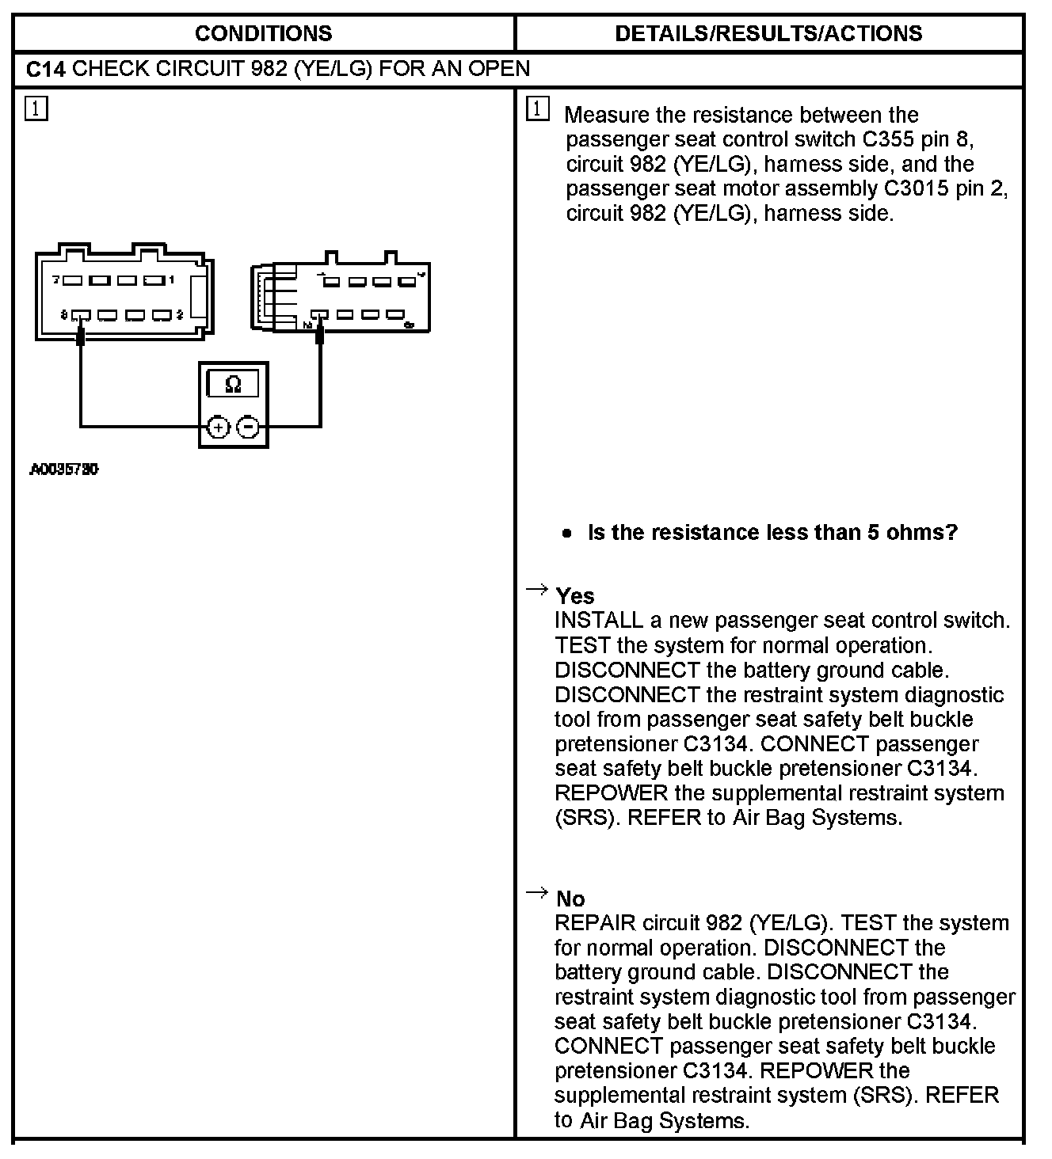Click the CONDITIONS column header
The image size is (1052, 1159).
[263, 33]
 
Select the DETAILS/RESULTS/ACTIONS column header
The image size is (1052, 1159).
[768, 33]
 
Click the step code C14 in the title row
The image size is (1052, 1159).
[45, 69]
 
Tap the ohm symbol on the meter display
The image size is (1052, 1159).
[233, 385]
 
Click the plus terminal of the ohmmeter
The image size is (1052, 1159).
[218, 427]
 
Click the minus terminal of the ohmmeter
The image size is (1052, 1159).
[248, 427]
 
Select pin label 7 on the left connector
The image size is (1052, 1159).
[56, 280]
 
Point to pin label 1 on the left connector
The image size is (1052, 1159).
[172, 280]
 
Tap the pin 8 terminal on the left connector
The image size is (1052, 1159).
[81, 316]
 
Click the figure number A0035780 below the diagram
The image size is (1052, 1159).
[64, 469]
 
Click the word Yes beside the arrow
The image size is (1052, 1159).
[575, 595]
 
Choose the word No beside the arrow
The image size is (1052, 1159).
[570, 899]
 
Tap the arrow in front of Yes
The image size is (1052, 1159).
[537, 589]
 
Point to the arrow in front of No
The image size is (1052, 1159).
[537, 893]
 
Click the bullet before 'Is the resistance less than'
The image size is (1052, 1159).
[566, 533]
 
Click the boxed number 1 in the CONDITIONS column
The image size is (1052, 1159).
[36, 108]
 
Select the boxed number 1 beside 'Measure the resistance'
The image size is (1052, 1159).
[537, 109]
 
